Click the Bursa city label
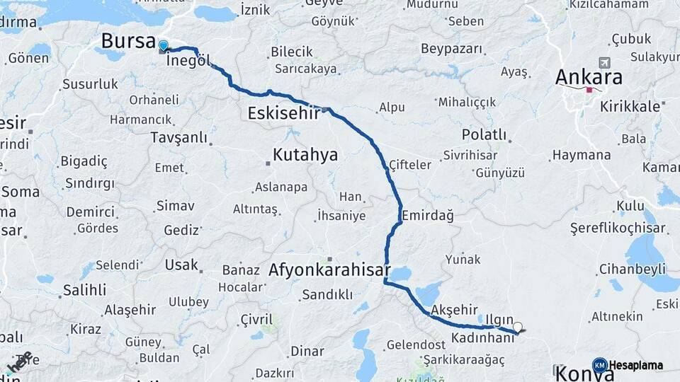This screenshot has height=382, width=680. pyautogui.click(x=128, y=40)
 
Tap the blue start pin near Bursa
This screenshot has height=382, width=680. pyautogui.click(x=164, y=47)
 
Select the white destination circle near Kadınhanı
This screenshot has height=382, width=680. pyautogui.click(x=518, y=328)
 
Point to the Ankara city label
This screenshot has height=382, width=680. pyautogui.click(x=589, y=77)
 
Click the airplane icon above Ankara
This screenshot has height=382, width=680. pyautogui.click(x=604, y=62)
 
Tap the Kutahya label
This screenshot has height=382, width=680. pyautogui.click(x=305, y=155)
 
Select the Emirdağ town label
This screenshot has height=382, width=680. pyautogui.click(x=427, y=214)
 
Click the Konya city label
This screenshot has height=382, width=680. pyautogui.click(x=584, y=373)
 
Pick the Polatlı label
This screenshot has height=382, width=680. pyautogui.click(x=484, y=134)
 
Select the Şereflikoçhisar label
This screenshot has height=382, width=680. pyautogui.click(x=618, y=228)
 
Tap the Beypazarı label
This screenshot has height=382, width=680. pyautogui.click(x=451, y=49)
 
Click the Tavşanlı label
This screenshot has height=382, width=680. pyautogui.click(x=178, y=137)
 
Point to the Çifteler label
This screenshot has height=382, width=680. pyautogui.click(x=410, y=165)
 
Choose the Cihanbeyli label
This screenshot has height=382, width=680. pyautogui.click(x=632, y=269)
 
